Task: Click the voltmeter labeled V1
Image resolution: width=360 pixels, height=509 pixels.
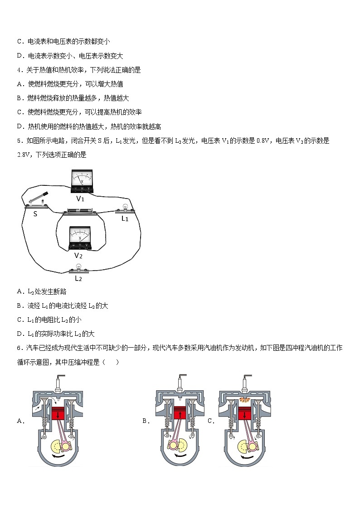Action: (82, 181)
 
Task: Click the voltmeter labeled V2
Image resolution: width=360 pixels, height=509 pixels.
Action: (79, 238)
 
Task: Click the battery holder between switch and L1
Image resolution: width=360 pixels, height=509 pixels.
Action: (80, 211)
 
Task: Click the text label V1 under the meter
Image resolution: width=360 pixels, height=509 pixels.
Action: (80, 199)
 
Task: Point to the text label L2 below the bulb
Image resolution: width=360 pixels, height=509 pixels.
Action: (78, 278)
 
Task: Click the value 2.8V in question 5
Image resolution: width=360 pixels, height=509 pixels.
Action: (23, 155)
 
